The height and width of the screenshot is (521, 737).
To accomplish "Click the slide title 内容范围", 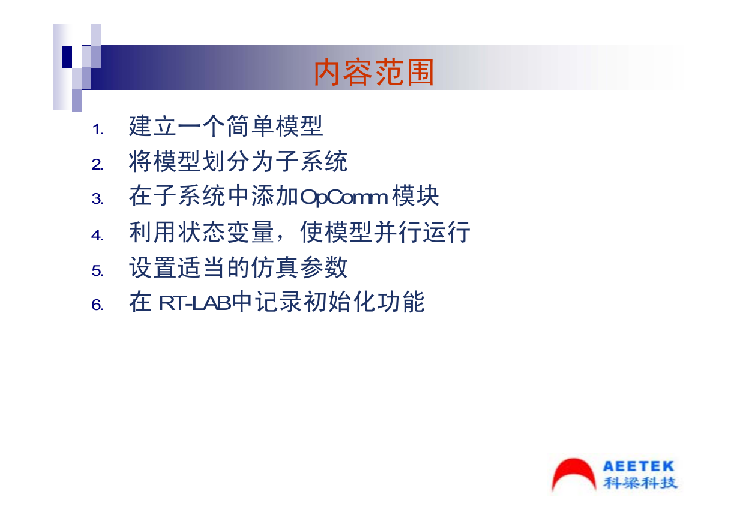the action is [x=374, y=72].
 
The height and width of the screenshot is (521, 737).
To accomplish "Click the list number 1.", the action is [x=97, y=129].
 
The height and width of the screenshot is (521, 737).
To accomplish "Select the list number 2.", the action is [x=97, y=165].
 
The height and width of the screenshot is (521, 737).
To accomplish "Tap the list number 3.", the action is [x=97, y=199].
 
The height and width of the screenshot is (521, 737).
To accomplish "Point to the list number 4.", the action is [x=97, y=236].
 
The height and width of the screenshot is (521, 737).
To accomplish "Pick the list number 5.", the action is [x=97, y=271].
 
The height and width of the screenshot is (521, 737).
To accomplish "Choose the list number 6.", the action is [x=97, y=305].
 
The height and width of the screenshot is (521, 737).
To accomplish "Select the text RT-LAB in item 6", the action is [x=195, y=303].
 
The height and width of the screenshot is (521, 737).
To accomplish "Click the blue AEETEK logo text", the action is [x=639, y=466].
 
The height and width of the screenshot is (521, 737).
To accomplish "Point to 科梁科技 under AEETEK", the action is [x=640, y=483].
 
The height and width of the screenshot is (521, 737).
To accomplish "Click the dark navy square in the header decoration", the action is [x=67, y=57].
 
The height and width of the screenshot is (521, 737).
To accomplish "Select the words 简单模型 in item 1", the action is [x=275, y=126].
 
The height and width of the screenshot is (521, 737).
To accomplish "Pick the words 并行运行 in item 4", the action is [x=422, y=232].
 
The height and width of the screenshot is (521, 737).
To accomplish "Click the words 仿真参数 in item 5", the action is [x=299, y=267].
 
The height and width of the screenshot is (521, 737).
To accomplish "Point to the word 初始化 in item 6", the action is [x=339, y=302].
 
